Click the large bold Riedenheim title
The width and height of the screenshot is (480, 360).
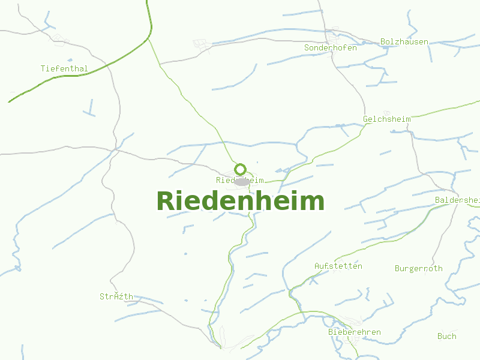240,202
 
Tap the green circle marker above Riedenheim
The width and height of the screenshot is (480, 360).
241,169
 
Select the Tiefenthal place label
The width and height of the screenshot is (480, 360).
64,68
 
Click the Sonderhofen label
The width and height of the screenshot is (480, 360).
330,47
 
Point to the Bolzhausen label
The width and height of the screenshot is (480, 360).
404,42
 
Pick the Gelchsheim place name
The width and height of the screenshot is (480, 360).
386,119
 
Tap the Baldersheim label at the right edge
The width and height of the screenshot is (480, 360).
457,199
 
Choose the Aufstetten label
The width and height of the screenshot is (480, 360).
338,266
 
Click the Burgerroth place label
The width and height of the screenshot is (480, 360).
418,268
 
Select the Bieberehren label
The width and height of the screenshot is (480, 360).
354,332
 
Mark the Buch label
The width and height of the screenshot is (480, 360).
446,336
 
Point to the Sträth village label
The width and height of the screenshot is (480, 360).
116,296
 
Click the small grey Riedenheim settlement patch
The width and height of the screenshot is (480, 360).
242,181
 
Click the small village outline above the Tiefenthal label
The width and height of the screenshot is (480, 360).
59,40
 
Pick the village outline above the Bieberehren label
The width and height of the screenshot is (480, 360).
349,322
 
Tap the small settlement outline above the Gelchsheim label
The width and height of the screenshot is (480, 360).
387,112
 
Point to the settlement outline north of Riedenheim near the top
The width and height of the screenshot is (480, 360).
202,44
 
